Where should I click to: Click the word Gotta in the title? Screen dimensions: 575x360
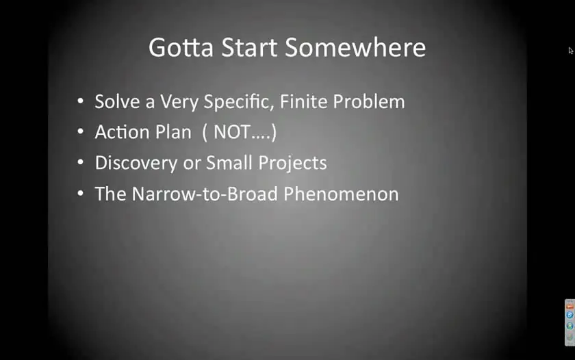point(181,47)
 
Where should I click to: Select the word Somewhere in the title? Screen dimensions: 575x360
point(355,47)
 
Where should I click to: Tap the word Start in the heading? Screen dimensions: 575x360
point(249,47)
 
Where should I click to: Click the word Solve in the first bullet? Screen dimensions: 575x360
point(117,101)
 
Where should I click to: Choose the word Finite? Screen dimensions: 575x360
point(304,101)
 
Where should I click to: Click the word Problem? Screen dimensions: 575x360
point(369,101)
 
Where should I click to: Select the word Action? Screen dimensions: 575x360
point(123,132)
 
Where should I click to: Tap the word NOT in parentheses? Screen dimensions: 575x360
point(232,132)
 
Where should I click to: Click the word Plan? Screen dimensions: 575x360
point(173,132)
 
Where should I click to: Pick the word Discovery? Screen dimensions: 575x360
point(136,163)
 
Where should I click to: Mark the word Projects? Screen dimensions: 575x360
point(292,163)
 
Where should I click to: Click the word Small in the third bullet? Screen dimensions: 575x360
point(229,162)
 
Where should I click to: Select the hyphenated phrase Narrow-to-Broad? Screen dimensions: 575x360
point(205,194)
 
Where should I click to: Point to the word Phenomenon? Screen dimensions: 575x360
point(341,194)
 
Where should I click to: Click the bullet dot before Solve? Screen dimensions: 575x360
point(81,101)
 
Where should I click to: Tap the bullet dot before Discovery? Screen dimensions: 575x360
point(81,162)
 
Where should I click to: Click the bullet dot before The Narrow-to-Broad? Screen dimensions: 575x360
point(81,193)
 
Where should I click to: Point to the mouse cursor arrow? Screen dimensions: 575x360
point(571,51)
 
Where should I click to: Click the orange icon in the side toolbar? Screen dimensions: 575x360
point(570,306)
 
